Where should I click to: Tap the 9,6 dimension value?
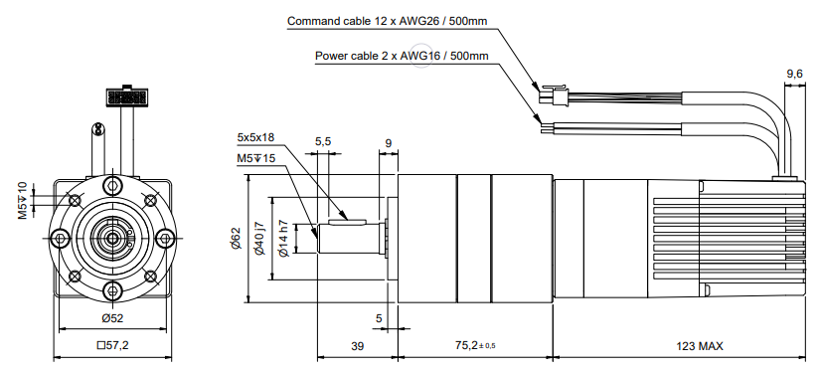tap(794, 75)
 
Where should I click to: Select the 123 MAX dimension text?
tap(700, 346)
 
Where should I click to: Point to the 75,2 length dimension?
tap(472, 346)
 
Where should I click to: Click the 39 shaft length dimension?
tap(357, 346)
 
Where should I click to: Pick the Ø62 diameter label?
tap(237, 238)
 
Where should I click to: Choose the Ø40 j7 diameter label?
tap(259, 239)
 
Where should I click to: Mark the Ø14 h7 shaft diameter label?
tap(283, 239)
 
